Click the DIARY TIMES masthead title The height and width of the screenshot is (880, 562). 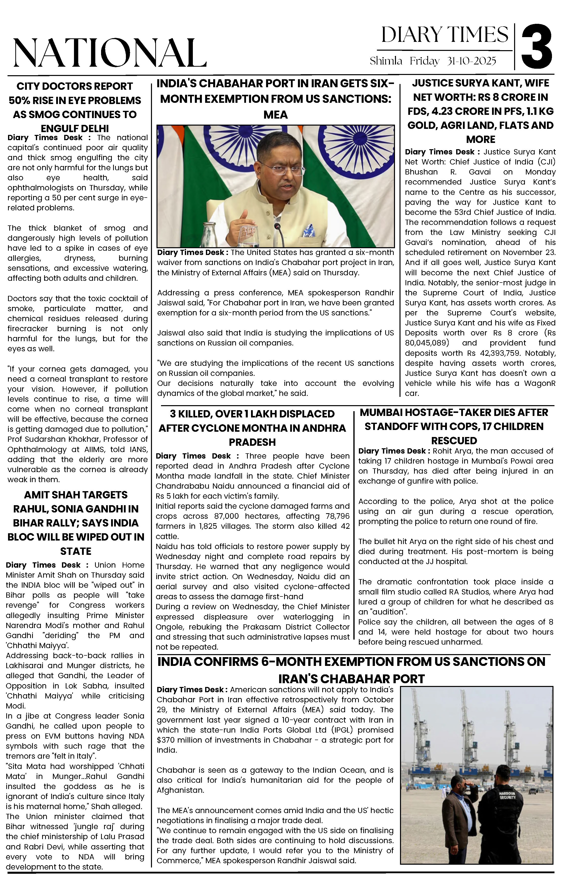445,35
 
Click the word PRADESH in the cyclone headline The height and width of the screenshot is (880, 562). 252,442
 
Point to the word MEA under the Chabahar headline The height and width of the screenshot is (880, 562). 275,115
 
